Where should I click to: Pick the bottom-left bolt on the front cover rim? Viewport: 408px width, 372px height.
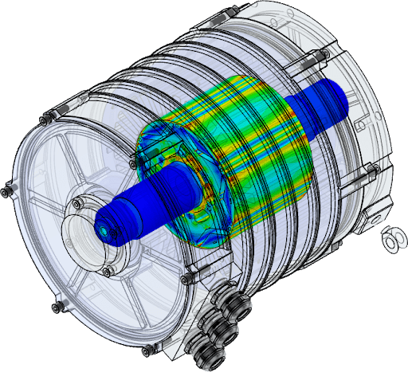[x=55, y=307]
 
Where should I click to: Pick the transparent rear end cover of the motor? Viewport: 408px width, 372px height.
[x=351, y=119]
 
